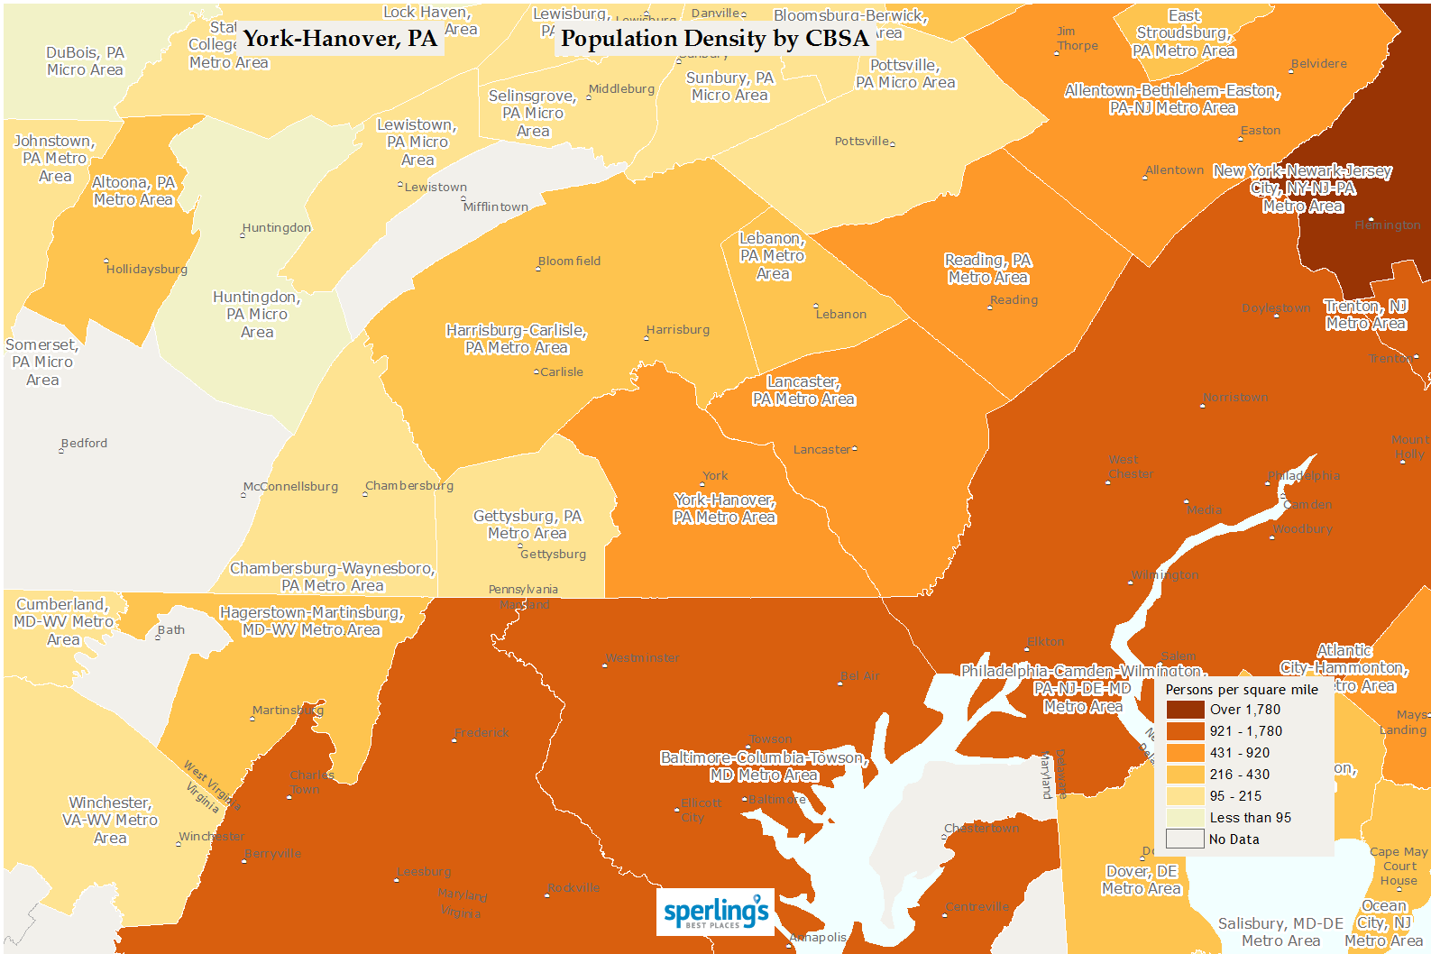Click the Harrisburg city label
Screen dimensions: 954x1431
(x=678, y=330)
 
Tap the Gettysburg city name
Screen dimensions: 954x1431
(x=553, y=555)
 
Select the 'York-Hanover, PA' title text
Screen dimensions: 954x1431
(x=340, y=39)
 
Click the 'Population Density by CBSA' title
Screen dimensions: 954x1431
(x=714, y=39)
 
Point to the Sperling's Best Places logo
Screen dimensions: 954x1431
(x=715, y=911)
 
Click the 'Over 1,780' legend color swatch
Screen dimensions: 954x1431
(x=1185, y=710)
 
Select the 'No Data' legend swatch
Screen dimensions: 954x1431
(x=1185, y=839)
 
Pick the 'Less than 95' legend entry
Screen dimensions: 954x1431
(x=1250, y=818)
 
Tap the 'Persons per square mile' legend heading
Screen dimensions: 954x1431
(x=1242, y=690)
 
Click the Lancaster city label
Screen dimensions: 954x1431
(x=821, y=450)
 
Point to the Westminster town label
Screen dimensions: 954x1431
(x=643, y=658)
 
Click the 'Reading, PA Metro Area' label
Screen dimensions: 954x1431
(x=988, y=269)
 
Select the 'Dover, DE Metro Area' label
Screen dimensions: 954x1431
(x=1142, y=880)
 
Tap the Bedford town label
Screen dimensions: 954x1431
(x=84, y=444)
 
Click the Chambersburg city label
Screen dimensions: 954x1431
(x=409, y=486)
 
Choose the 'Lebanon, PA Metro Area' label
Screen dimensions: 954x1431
(x=772, y=256)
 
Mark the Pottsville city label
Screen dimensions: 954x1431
(x=862, y=142)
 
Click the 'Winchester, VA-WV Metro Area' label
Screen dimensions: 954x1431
(x=110, y=820)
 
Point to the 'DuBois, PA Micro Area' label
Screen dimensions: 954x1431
(x=85, y=61)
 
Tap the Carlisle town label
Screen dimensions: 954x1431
(x=561, y=372)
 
